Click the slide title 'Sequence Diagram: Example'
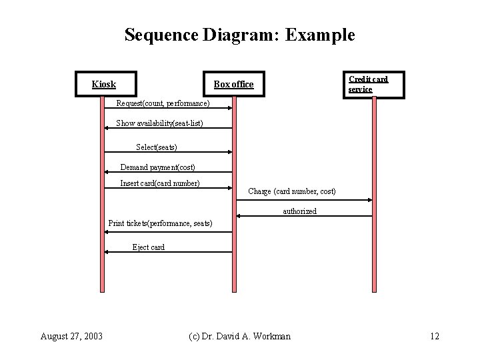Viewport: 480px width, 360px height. (239, 35)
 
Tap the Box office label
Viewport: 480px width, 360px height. (233, 84)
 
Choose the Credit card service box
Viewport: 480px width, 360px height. (373, 84)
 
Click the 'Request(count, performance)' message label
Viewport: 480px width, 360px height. (163, 103)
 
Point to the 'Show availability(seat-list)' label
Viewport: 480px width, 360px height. (159, 123)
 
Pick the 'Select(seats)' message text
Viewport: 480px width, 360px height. (157, 147)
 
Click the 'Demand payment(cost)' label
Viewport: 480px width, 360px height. (157, 167)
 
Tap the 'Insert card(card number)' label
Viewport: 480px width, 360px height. (160, 183)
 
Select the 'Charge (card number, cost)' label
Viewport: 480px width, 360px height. (292, 191)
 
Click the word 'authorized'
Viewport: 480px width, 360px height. (300, 211)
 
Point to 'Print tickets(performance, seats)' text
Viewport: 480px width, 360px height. (160, 223)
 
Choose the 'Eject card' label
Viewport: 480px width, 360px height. (148, 247)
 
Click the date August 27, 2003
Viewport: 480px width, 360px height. (71, 336)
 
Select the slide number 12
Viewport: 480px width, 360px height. (435, 336)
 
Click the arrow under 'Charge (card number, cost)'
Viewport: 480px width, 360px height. (303, 200)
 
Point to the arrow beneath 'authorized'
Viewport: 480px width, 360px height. (303, 217)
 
